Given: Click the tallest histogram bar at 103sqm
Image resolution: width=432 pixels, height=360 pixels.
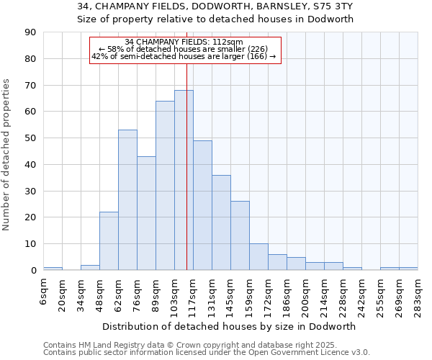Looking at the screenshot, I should click(x=184, y=180).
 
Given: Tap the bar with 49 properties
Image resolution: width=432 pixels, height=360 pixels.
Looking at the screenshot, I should click(x=202, y=205).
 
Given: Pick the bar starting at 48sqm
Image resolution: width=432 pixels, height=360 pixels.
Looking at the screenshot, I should click(x=109, y=241).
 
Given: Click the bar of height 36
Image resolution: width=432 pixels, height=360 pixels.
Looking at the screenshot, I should click(x=221, y=222).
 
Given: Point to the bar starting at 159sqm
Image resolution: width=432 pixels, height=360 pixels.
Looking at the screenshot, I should click(x=258, y=257).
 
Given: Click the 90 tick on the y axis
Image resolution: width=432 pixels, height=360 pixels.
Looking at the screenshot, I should click(x=31, y=32).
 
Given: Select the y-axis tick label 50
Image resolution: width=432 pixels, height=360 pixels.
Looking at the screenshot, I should click(x=31, y=138).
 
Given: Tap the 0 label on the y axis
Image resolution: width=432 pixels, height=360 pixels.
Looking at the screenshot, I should click(x=34, y=270).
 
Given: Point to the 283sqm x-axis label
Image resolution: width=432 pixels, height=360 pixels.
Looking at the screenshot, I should click(x=418, y=294).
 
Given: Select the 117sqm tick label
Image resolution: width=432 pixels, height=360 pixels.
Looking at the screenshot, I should click(x=194, y=294).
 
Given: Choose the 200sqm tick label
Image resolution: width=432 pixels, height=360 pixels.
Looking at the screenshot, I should click(x=306, y=294).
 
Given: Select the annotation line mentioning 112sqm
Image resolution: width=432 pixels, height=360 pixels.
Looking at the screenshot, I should click(x=184, y=42).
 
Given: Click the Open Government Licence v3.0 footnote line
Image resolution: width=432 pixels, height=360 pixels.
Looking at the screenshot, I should click(x=207, y=352).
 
